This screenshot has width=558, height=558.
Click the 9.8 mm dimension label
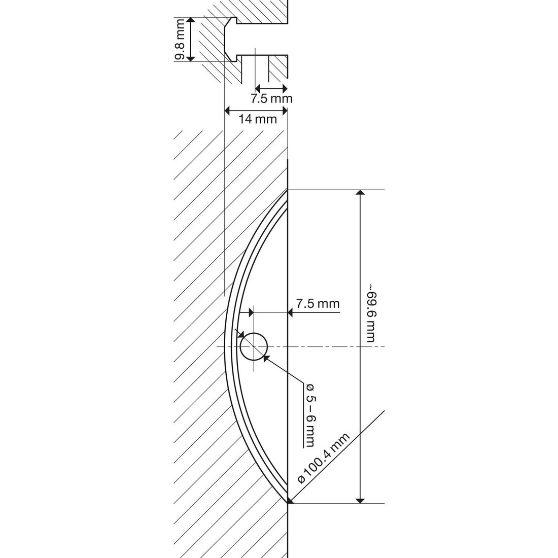click(x=181, y=40)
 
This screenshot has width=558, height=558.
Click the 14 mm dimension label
click(x=258, y=119)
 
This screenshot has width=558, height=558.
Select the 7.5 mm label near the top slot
click(x=271, y=98)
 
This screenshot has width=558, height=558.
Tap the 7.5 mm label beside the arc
click(x=318, y=303)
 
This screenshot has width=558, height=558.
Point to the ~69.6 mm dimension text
click(x=371, y=313)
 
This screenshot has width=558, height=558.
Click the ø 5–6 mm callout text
click(x=309, y=415)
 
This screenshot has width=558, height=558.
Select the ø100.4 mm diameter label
click(x=324, y=458)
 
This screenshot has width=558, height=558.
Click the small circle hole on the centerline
click(x=254, y=346)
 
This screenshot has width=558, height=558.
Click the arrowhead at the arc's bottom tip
click(x=290, y=501)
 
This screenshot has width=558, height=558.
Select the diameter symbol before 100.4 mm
click(x=302, y=479)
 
